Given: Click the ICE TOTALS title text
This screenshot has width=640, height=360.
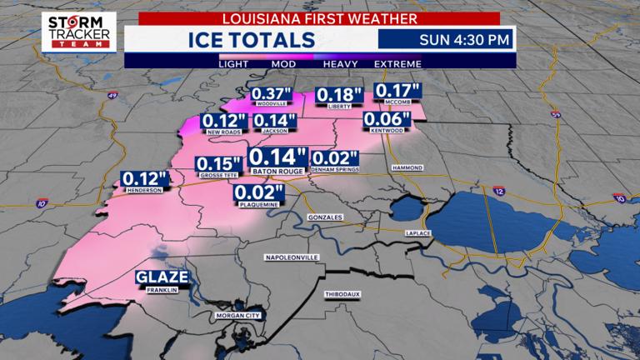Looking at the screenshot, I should click(251, 40).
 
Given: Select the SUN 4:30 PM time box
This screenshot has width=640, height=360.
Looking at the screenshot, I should click(446, 39).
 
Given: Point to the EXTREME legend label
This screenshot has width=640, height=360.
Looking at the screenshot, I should click(397, 63).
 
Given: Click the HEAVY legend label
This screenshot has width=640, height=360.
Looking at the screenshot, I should click(341, 63).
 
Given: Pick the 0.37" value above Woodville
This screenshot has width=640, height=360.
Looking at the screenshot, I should click(271, 92).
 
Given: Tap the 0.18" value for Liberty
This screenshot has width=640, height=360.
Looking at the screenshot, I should click(339, 96).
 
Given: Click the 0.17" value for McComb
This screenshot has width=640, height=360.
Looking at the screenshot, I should click(397, 90).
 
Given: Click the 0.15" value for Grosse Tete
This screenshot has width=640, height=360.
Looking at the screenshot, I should click(218, 164).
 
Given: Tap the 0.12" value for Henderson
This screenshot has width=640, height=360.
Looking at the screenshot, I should click(145, 178).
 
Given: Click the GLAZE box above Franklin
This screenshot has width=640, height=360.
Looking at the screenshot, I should click(162, 278).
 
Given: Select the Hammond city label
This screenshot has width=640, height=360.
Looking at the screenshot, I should click(407, 167).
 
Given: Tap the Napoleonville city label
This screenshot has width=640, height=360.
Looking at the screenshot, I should click(292, 257).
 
